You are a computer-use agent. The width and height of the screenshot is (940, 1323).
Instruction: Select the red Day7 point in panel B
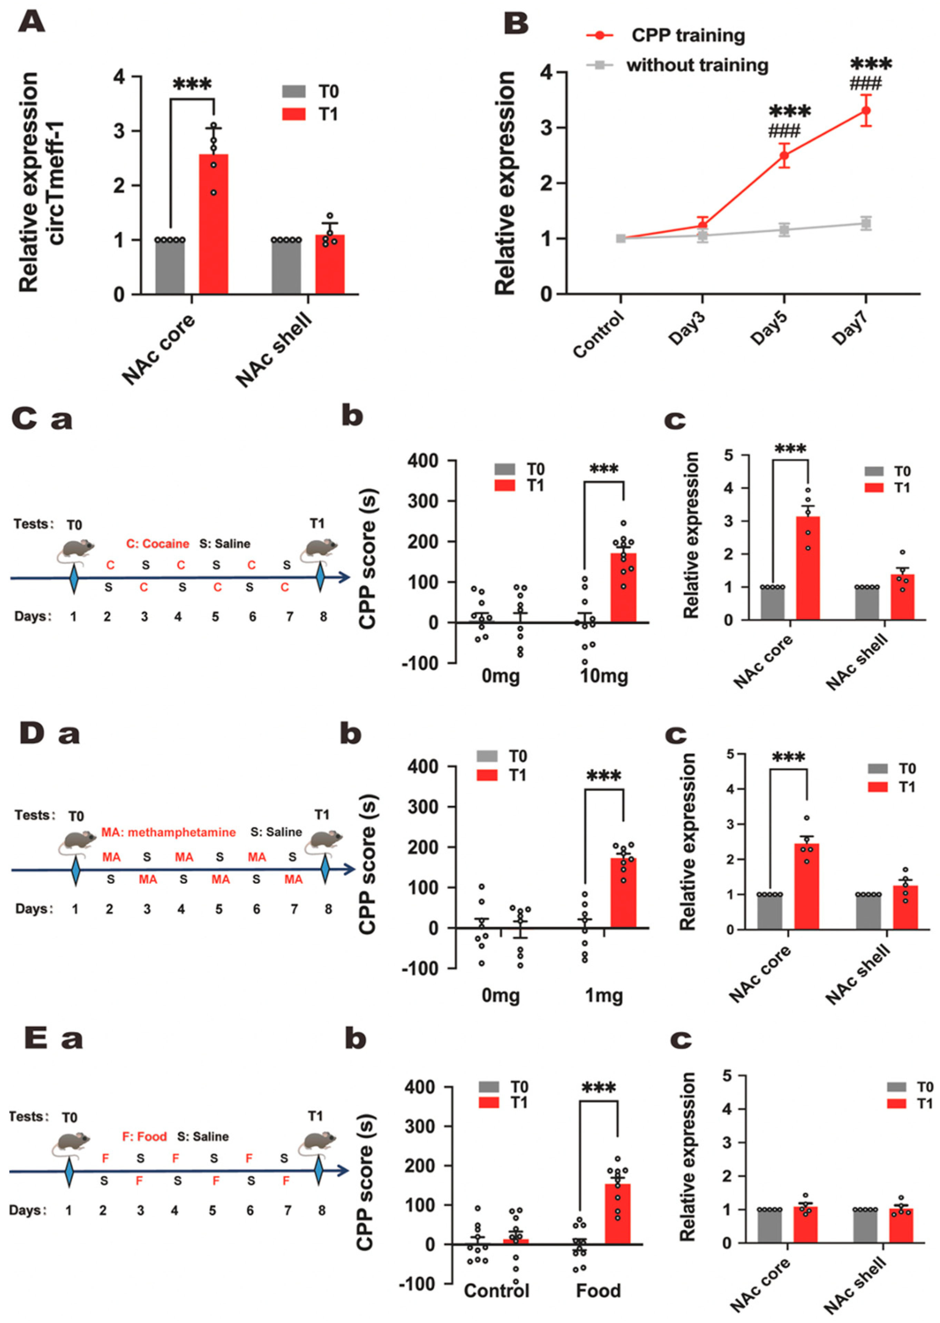coord(866,110)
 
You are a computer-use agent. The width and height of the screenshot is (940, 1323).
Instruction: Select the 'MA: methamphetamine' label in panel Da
coord(168,832)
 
